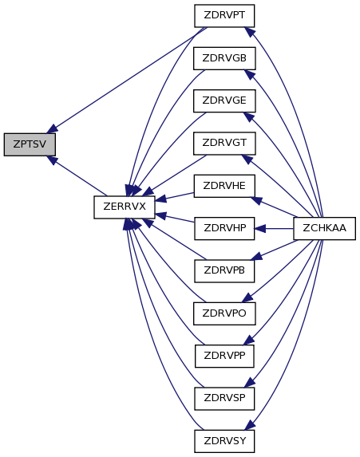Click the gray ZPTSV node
click(30, 144)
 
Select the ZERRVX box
click(125, 207)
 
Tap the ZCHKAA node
click(324, 228)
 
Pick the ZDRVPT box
click(224, 16)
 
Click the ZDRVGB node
click(224, 58)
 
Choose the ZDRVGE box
click(224, 100)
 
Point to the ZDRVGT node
click(224, 144)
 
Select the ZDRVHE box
click(224, 186)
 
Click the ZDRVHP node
click(224, 228)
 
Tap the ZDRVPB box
click(224, 271)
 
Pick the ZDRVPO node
click(224, 313)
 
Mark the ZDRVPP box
click(224, 357)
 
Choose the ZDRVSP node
click(224, 399)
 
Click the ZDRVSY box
click(224, 441)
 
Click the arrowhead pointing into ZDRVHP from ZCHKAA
click(259, 228)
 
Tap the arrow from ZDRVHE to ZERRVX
click(175, 197)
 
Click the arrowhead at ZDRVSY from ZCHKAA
click(250, 425)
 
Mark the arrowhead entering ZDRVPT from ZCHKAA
click(249, 32)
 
